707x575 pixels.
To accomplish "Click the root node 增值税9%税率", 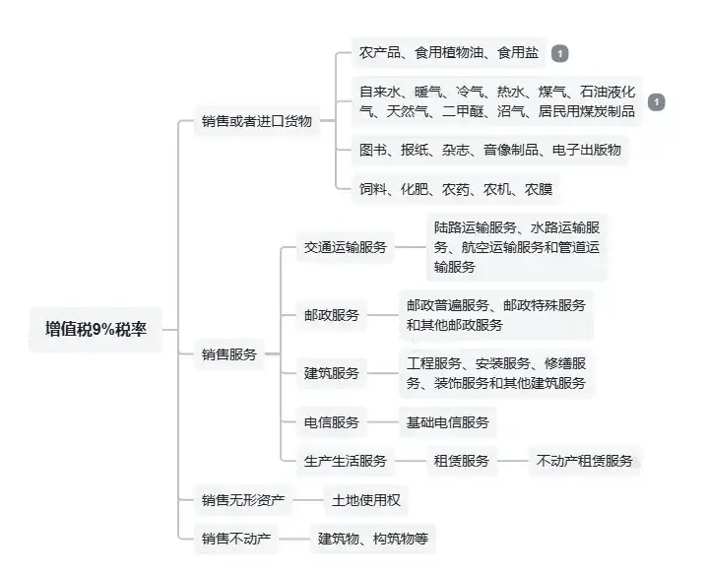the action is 96,330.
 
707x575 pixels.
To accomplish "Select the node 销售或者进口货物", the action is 256,121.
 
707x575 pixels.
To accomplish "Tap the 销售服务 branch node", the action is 228,354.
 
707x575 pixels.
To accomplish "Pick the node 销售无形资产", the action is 242,501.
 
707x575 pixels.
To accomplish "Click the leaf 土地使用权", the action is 365,501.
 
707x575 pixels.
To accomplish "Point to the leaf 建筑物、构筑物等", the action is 371,539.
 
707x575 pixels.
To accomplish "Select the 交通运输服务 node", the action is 346,247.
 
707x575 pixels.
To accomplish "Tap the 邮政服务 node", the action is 332,315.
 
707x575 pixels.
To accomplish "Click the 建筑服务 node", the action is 332,373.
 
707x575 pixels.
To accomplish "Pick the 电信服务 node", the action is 332,422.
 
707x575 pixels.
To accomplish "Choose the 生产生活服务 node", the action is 346,460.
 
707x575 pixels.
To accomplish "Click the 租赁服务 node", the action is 462,460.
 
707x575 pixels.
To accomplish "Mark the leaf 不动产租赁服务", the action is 584,460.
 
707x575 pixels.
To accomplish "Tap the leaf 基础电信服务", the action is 447,422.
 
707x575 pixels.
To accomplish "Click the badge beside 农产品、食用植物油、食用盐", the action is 559,52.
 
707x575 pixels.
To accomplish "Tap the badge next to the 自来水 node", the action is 657,102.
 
